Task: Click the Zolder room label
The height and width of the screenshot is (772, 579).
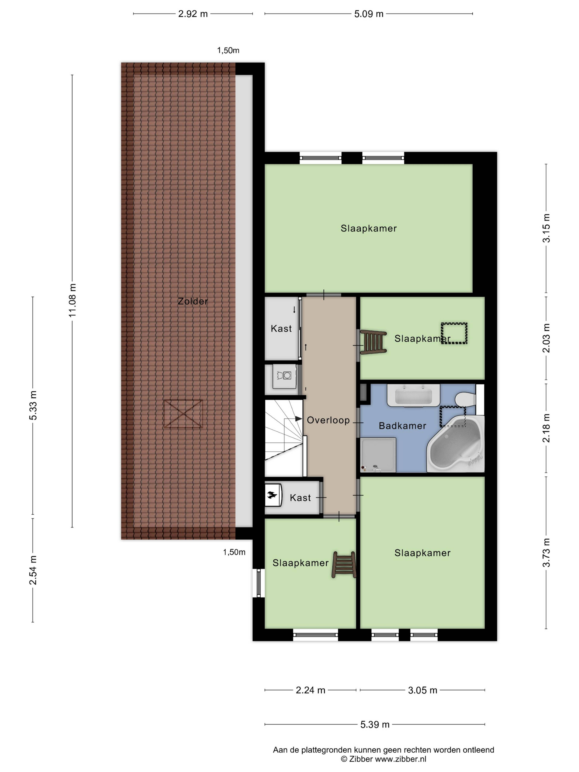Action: [x=193, y=301]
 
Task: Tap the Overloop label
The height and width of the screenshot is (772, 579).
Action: [x=328, y=420]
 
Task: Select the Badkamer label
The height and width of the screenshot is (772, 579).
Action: [x=402, y=426]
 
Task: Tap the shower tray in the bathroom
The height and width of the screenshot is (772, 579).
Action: [x=378, y=455]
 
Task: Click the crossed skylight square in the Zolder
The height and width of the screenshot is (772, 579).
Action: [x=183, y=414]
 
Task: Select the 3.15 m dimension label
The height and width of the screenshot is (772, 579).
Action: [x=546, y=228]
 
